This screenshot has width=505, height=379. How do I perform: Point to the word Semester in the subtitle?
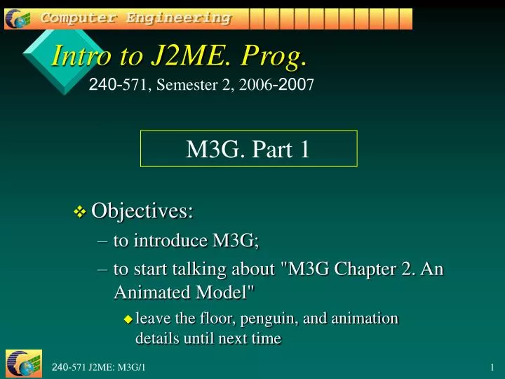(x=184, y=86)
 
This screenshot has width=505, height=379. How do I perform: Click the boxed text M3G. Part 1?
(x=248, y=148)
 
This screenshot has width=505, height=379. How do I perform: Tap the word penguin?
(x=267, y=319)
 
